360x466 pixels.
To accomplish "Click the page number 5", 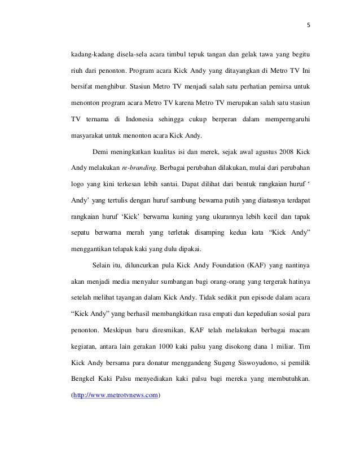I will click(308, 25).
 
